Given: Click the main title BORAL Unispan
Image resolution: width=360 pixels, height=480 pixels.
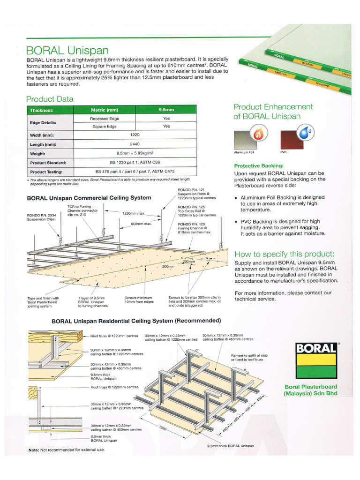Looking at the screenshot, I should [67, 50].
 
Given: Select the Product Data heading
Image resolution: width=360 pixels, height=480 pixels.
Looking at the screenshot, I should [50, 99].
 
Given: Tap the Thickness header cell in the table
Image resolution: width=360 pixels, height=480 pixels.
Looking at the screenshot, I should [42, 110].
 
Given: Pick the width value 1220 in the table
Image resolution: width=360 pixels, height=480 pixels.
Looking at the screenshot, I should [135, 135].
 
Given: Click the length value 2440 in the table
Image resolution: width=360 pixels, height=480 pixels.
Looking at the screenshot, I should [135, 144].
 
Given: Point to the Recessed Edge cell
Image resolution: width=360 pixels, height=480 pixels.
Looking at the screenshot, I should [105, 119].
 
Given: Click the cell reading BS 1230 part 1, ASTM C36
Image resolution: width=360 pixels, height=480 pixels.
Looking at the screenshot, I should [135, 163].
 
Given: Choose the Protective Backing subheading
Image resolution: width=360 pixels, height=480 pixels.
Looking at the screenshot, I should [259, 165].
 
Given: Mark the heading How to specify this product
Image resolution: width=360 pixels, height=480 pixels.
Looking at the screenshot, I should [285, 254].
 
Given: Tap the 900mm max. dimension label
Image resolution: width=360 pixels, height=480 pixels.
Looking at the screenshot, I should [142, 224].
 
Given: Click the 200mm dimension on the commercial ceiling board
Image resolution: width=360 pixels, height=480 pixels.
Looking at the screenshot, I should [189, 262].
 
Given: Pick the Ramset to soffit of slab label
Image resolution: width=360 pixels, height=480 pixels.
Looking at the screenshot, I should [247, 357].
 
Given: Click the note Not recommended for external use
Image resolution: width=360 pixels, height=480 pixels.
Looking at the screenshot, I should [67, 450].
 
